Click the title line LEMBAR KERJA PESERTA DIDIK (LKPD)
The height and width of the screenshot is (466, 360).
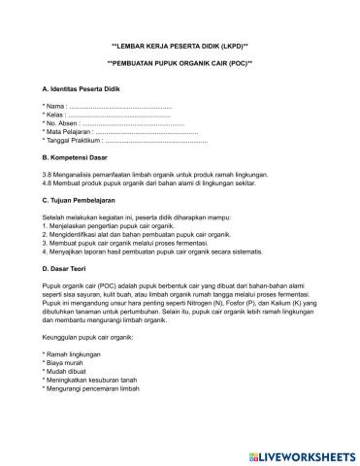(180, 47)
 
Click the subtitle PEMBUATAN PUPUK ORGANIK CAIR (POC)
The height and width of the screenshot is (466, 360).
(180, 64)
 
